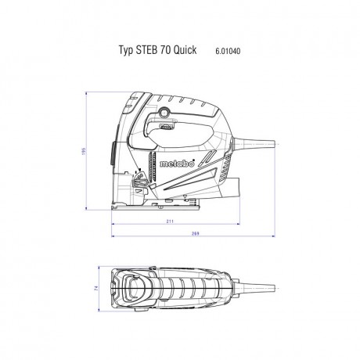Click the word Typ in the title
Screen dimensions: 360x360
point(125,48)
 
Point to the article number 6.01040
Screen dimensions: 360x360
point(228,48)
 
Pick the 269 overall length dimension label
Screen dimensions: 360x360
point(196,233)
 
